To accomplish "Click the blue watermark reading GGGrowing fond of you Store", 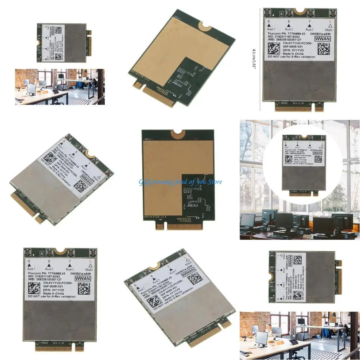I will click(x=180, y=182).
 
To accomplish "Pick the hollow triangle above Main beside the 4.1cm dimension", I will click(x=330, y=26).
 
